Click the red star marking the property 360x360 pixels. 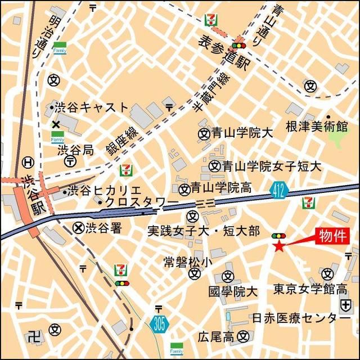[278, 245]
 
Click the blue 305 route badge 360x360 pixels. [158, 323]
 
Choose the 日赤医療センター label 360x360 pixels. [309, 318]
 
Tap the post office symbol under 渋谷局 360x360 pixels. [70, 161]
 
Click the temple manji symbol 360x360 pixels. [34, 336]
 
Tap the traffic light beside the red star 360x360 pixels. [278, 235]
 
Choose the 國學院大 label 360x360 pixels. [232, 291]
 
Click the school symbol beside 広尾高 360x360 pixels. [243, 336]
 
